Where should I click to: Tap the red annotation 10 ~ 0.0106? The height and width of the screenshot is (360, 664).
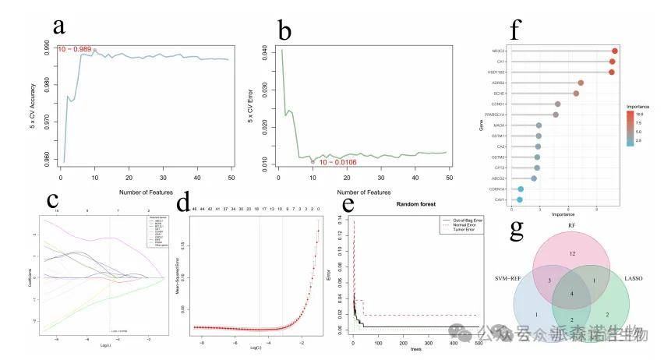338,162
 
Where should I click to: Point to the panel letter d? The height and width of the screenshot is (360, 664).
184,203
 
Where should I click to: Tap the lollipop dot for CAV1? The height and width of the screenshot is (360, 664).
520,199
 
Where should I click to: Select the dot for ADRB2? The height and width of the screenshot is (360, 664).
581,82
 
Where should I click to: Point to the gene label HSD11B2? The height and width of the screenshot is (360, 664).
496,72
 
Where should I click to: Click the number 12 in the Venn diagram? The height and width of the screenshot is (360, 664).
572,254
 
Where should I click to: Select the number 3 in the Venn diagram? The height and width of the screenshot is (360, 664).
549,279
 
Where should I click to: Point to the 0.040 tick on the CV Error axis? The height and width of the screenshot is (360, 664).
263,51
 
